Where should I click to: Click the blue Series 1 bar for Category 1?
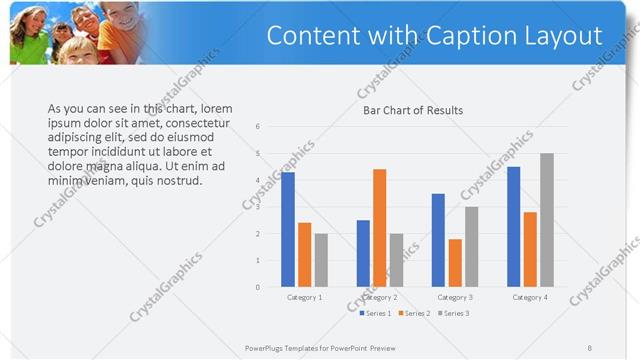[x=288, y=230]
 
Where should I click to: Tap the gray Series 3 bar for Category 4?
[x=546, y=220]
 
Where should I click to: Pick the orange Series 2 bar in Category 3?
[x=455, y=263]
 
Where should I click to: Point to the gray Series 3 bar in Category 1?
[x=321, y=260]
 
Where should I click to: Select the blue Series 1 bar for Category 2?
[x=363, y=254]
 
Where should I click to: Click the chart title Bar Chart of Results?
[x=412, y=110]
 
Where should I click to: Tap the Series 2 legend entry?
[x=414, y=313]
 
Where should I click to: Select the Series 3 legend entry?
[x=453, y=313]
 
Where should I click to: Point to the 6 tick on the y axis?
[x=258, y=127]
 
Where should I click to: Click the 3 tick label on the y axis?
[x=258, y=207]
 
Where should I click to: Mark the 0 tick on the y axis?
[x=258, y=287]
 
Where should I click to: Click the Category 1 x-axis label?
[x=304, y=297]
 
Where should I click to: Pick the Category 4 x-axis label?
[x=529, y=297]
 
